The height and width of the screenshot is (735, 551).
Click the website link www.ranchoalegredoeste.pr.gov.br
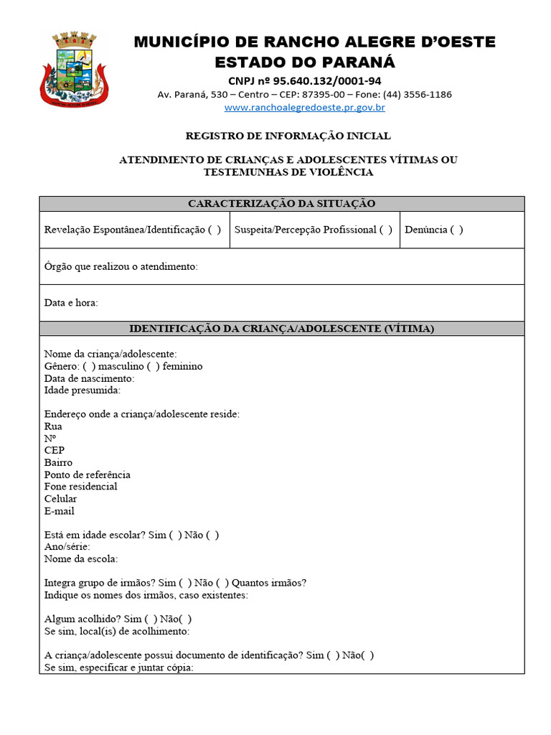(305, 108)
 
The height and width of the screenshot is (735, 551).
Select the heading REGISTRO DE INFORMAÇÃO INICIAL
(288, 136)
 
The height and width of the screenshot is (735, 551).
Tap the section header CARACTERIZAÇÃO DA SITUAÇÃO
(281, 204)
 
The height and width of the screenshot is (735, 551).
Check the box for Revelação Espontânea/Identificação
(215, 230)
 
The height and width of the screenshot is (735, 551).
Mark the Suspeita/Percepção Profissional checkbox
(386, 230)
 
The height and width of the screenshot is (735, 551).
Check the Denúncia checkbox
(456, 230)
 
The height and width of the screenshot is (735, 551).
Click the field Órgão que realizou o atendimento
(121, 266)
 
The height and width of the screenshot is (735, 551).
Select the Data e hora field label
(71, 303)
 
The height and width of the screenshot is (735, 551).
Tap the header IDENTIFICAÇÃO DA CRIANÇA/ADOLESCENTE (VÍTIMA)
(281, 329)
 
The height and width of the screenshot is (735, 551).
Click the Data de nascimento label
(89, 378)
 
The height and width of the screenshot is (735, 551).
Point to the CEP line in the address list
(54, 451)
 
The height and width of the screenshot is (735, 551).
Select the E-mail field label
(59, 511)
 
